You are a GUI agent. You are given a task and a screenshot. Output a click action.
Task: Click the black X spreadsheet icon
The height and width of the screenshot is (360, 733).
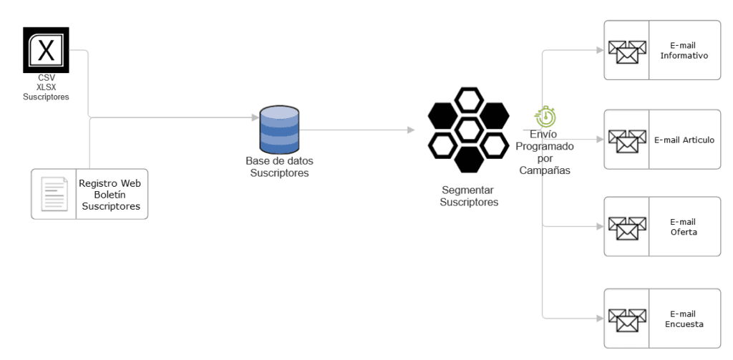coord(46,49)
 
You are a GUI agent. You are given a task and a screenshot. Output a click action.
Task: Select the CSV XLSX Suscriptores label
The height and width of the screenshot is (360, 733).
coord(46,87)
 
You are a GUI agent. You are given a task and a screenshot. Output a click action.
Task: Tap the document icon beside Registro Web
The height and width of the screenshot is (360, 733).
coord(54,193)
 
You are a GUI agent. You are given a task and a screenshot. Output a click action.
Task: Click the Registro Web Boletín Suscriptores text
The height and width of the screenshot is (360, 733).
coord(110,195)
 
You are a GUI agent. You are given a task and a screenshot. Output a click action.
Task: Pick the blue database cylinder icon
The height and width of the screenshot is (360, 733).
coord(279,129)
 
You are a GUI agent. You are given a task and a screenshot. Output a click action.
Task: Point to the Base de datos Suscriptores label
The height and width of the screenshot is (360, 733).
coord(279,167)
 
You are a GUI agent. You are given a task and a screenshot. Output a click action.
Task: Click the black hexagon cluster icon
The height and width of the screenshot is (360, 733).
coord(468,130)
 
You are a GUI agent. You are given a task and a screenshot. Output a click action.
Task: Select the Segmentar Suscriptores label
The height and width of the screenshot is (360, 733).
coord(469,196)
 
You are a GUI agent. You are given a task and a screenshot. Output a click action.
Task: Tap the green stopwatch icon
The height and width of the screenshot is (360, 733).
coord(545,117)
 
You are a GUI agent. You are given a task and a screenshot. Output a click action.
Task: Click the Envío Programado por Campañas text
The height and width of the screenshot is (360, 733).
coord(544,152)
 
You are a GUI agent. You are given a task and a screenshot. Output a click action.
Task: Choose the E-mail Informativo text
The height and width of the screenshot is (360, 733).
coord(684,50)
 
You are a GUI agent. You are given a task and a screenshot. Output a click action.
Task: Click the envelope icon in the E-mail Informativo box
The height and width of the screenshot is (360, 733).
coord(627,51)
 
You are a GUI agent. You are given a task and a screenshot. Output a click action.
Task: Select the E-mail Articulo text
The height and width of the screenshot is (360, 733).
coord(684,140)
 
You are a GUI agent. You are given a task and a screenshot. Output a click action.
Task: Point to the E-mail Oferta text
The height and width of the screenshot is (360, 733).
coord(684,227)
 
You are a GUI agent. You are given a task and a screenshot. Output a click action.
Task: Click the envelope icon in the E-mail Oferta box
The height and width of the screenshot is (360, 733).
coord(627,227)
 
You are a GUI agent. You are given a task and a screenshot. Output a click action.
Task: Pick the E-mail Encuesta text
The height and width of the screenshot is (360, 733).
coord(684,318)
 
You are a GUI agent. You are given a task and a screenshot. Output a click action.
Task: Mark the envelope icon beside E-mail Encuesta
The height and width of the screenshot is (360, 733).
coord(627,318)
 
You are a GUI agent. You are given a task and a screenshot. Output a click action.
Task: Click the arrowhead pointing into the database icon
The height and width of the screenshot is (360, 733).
coord(254,117)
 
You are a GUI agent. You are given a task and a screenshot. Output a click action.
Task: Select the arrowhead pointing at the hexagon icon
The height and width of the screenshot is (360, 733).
coord(411,130)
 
